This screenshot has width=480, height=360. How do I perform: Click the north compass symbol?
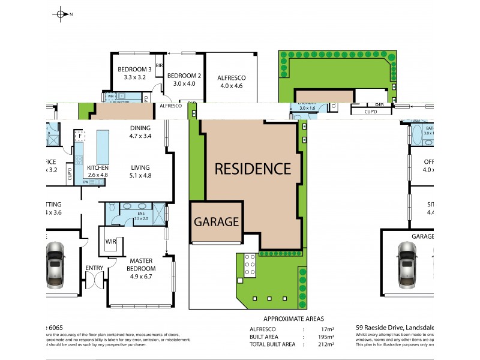pos(61,13)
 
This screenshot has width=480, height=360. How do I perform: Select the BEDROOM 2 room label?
pos(184,79)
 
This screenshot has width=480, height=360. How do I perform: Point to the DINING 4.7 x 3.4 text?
pos(140,131)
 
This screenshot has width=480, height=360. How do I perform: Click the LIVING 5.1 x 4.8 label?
pos(140,172)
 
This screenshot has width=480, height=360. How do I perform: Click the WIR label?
pos(110,241)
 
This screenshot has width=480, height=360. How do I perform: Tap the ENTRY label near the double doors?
pos(94,268)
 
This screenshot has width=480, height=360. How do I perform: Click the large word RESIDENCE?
pos(253,169)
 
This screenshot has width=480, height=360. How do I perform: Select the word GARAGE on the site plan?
pos(217,221)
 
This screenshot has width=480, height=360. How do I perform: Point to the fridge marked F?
pos(79,136)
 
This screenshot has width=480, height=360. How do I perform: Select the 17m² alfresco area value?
pos(327,329)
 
